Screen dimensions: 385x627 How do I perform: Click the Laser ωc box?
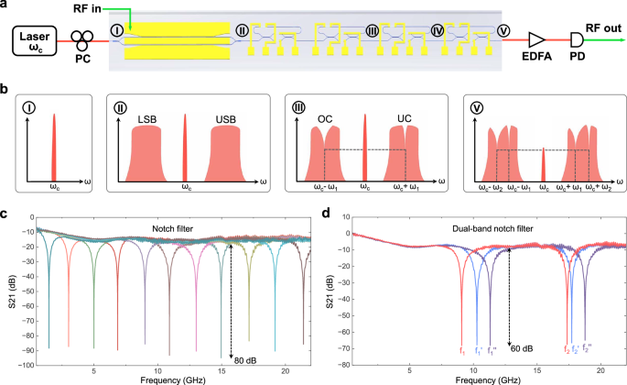(x=36, y=40)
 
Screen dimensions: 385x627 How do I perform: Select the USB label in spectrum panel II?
(x=226, y=120)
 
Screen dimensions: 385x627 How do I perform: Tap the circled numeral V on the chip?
(x=503, y=32)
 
